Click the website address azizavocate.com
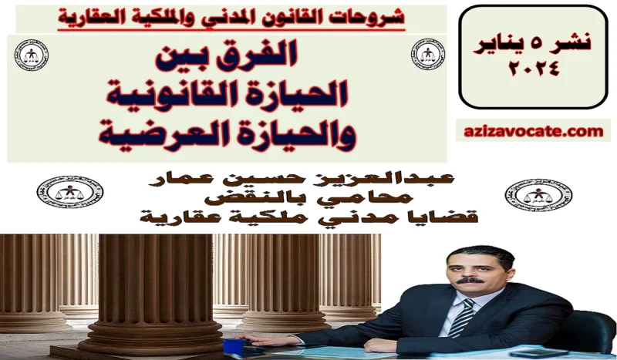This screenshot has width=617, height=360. (534, 132)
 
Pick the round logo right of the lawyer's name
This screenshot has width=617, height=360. (527, 193)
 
